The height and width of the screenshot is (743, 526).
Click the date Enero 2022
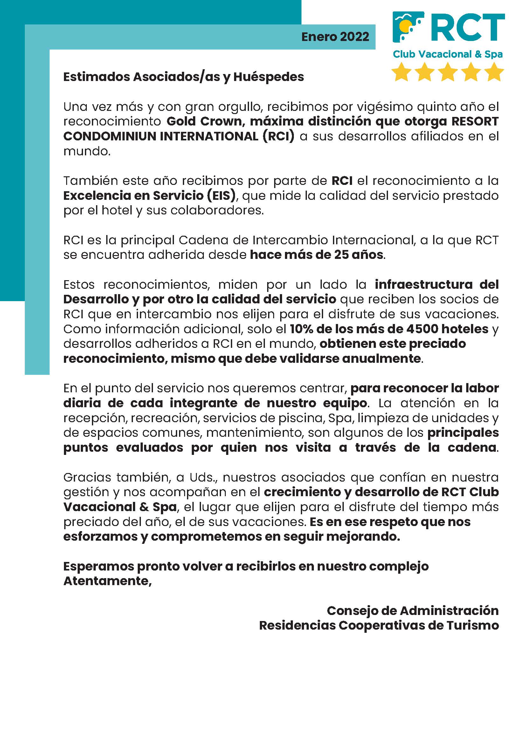335,37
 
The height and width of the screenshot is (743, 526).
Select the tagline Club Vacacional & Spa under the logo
448,54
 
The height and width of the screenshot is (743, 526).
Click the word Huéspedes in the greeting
268,77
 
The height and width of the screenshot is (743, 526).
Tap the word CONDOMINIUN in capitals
110,136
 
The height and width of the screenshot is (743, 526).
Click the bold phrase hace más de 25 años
317,255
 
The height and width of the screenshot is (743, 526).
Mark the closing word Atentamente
107,581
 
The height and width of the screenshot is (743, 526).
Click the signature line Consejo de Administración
413,611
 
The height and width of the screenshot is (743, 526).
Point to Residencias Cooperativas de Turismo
379,625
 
